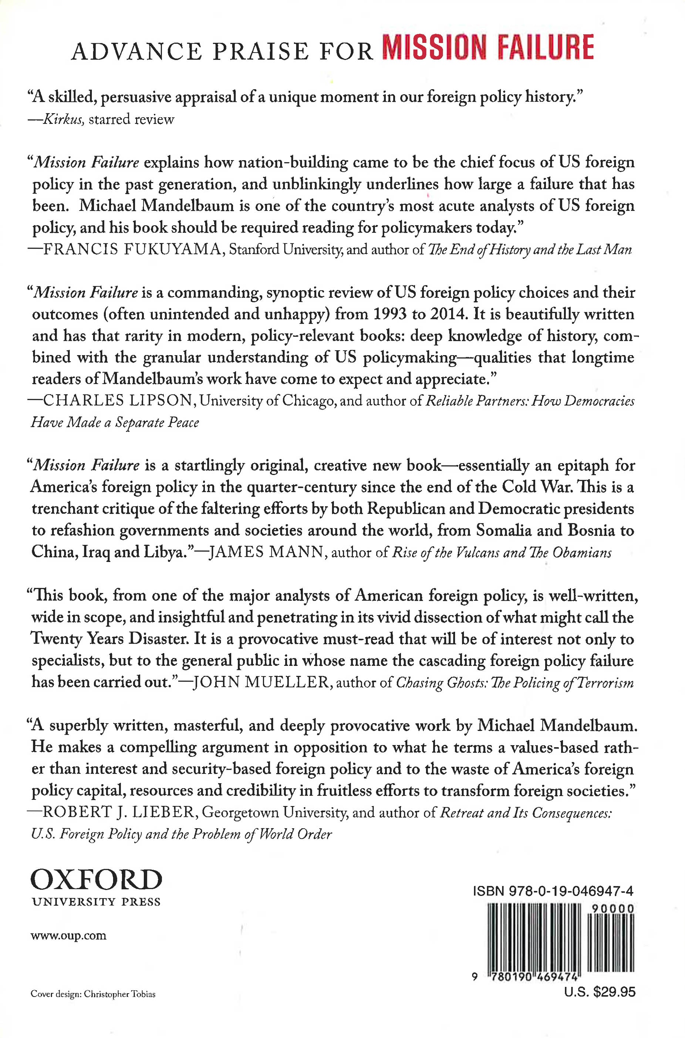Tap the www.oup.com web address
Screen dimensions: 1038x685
[x=68, y=936]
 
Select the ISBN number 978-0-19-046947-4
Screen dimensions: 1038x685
[x=554, y=892]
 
